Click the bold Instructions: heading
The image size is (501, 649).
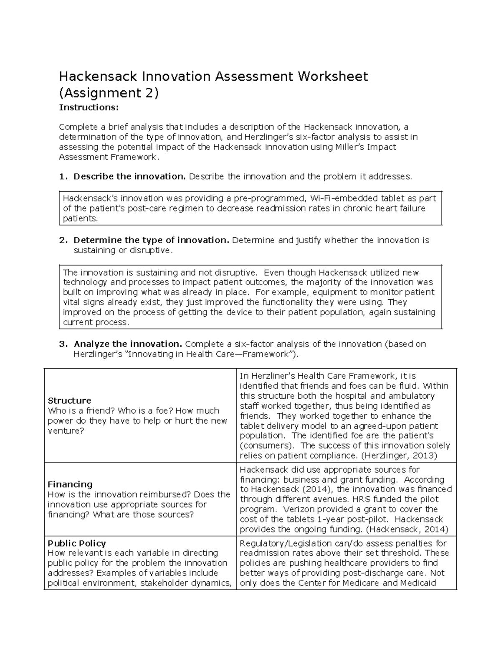coord(89,107)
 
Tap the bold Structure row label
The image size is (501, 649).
coord(69,400)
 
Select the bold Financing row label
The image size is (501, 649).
coord(70,484)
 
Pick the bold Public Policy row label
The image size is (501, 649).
coord(76,543)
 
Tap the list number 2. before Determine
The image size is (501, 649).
coord(63,240)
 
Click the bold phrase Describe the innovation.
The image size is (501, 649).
coord(129,176)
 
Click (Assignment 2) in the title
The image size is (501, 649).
coord(109,93)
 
